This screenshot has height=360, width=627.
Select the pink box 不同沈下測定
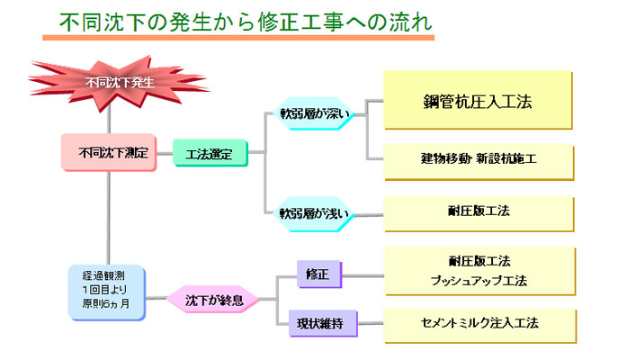coord(112,152)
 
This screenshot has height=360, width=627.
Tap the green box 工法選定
coord(209,154)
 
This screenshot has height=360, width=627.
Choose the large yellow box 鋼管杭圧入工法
coord(478,101)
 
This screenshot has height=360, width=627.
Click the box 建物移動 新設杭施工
coord(478,159)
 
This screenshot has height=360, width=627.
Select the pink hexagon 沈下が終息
coord(214,299)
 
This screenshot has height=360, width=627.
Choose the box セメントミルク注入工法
coord(478,321)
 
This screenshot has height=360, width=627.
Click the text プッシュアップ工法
coord(478,281)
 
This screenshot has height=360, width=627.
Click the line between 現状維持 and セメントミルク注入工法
coord(364,321)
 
